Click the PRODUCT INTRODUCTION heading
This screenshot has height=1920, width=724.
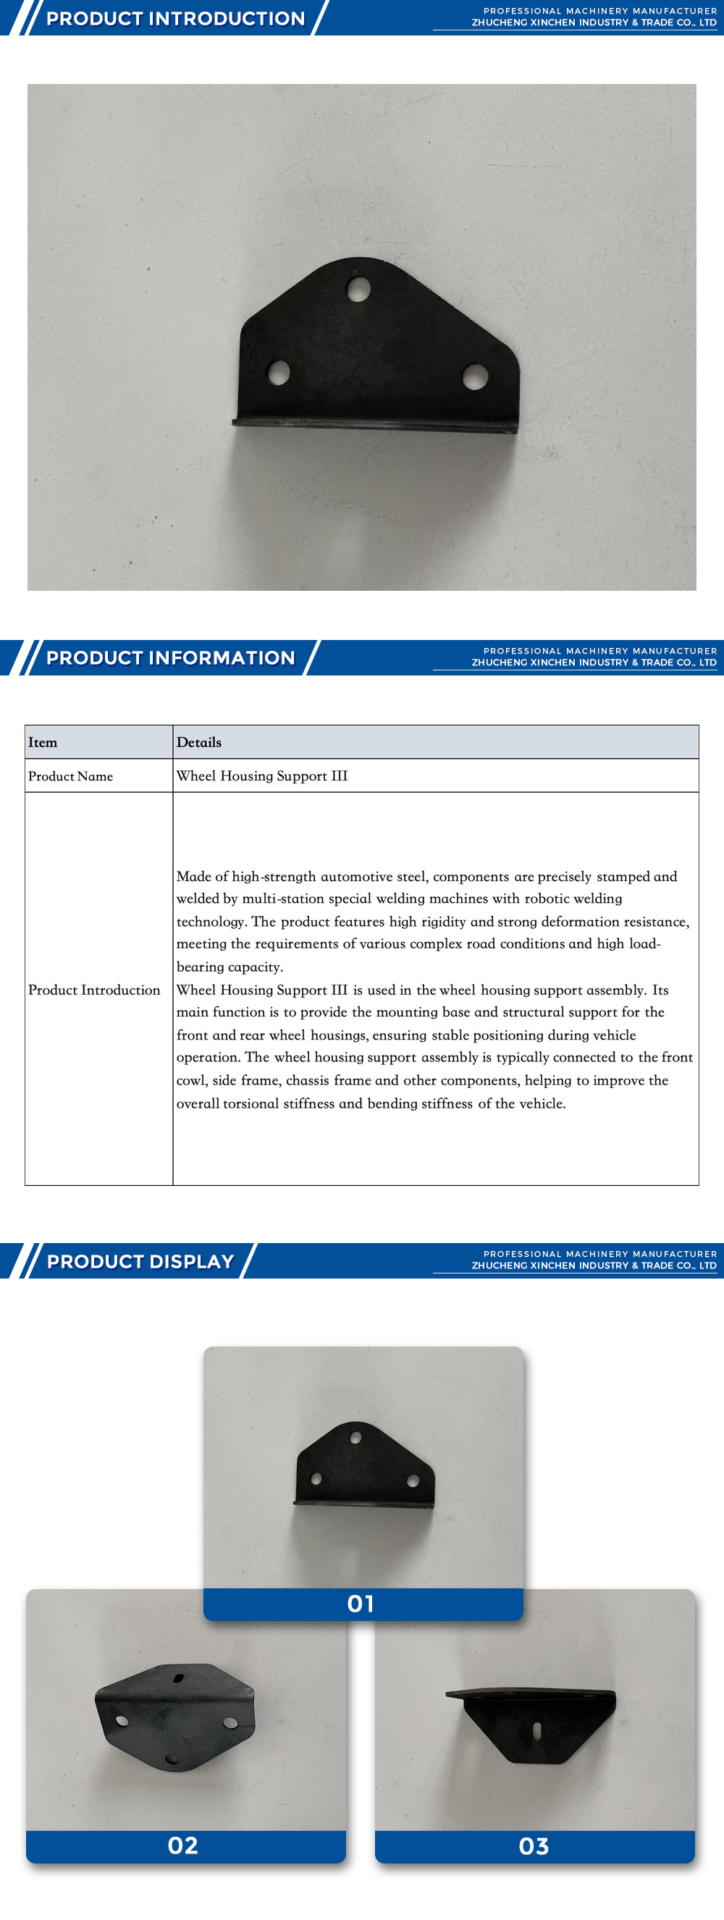pos(175,19)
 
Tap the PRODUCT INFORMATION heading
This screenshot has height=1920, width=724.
pos(170,657)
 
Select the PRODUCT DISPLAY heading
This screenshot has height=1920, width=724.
pos(140,1261)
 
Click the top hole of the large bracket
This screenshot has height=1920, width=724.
pos(358,288)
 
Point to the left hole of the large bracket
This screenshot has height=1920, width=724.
pos(278,372)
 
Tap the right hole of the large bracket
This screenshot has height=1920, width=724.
pos(475,376)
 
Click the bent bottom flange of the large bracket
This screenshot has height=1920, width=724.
pos(374,426)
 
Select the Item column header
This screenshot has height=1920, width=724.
pos(43,742)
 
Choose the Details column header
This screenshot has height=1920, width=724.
pos(199,742)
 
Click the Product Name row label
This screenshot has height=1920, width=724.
pos(71,776)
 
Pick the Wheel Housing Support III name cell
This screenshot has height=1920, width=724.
pos(261,776)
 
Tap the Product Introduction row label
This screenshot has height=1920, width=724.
pos(94,990)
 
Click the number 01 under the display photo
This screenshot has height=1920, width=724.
pos(361,1603)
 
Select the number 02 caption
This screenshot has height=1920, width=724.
pos(182,1845)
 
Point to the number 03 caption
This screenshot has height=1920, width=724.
pos(534,1845)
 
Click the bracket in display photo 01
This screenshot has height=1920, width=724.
pos(365,1465)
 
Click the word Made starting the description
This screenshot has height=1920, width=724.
pos(194,877)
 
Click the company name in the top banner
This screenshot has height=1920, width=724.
pos(594,22)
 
